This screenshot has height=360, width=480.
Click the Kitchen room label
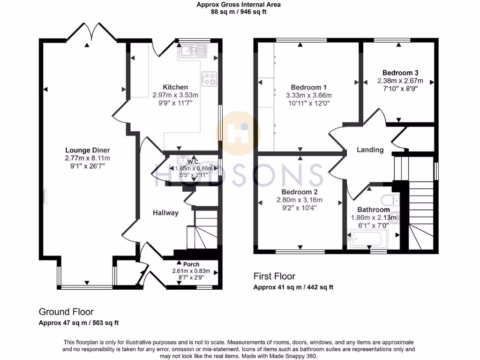[175, 87]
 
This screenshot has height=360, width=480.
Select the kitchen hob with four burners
[208, 78]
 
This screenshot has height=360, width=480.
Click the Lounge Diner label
[88, 150]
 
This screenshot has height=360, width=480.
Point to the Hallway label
[165, 213]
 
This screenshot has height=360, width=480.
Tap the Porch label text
[191, 264]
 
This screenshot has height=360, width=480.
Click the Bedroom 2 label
[300, 192]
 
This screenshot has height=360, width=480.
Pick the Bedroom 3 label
[400, 73]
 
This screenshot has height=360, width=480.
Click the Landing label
[370, 150]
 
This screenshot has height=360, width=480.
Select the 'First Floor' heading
[274, 277]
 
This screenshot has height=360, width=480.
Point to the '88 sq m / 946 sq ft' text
[239, 12]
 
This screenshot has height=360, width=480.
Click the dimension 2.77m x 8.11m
[88, 158]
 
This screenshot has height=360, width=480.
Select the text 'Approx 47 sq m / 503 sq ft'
[78, 322]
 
